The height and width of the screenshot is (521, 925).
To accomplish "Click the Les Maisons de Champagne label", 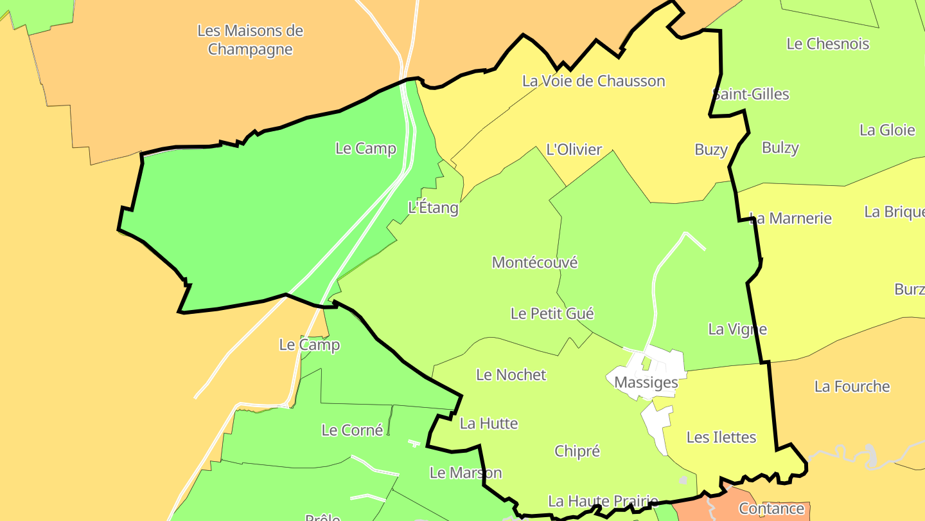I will click(250, 40).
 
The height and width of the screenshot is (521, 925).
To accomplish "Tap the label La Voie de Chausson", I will click(594, 81).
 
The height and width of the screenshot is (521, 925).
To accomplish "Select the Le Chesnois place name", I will click(827, 44).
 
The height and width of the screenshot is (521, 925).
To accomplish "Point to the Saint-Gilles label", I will click(751, 94).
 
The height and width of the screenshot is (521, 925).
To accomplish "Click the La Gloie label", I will click(886, 130).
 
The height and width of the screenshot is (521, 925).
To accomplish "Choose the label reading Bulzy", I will click(780, 148).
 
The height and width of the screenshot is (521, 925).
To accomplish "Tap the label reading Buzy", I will click(710, 150).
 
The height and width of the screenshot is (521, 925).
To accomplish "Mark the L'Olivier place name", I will click(574, 150).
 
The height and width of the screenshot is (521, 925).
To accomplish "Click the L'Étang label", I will click(433, 208).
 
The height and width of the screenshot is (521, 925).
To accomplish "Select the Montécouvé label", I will click(534, 262).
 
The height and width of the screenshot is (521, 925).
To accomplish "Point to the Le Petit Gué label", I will click(552, 313).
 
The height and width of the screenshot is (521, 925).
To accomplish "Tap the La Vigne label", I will click(737, 329).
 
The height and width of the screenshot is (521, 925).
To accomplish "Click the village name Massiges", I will click(646, 383).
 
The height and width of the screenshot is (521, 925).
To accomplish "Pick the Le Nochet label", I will click(511, 374).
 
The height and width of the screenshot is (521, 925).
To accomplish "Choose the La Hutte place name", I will click(488, 423).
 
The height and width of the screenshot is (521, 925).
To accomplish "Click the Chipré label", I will click(577, 452).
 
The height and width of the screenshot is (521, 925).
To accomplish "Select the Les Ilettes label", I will click(721, 437).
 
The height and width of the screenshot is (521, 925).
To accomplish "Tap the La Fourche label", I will click(852, 387).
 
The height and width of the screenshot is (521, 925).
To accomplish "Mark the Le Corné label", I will click(352, 430).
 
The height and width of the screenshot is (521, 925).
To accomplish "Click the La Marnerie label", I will click(790, 218).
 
